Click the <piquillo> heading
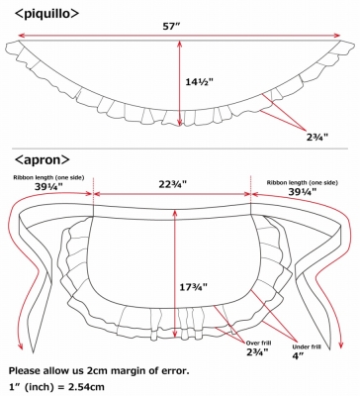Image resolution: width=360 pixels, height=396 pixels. pyautogui.click(x=47, y=14)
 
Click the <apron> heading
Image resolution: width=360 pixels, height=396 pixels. pyautogui.click(x=43, y=159)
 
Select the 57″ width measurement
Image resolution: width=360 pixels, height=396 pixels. pyautogui.click(x=170, y=27)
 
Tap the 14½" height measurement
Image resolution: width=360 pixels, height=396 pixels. pyautogui.click(x=199, y=81)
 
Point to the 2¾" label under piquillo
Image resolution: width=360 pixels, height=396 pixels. pyautogui.click(x=316, y=137)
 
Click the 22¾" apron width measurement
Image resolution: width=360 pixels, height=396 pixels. pyautogui.click(x=172, y=184)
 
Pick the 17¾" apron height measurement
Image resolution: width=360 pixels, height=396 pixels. pyautogui.click(x=193, y=287)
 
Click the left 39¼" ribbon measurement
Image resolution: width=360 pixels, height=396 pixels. pyautogui.click(x=48, y=187)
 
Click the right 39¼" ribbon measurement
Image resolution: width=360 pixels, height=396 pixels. pyautogui.click(x=303, y=192)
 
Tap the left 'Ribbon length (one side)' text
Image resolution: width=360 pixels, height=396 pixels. pyautogui.click(x=48, y=177)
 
